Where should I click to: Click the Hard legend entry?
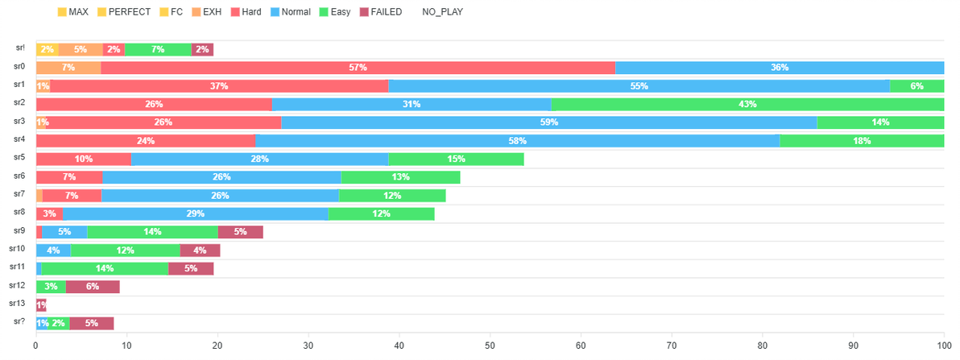245,11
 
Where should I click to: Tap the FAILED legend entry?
379,11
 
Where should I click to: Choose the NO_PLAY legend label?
443,11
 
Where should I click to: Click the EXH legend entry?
203,11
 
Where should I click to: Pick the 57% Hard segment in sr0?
358,68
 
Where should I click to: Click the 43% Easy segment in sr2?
747,104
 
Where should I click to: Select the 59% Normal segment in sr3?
549,122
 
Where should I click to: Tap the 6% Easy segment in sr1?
917,85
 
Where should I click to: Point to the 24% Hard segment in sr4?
146,141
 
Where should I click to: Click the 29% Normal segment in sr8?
196,213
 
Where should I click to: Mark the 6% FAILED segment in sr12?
93,287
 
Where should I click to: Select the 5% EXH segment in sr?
81,50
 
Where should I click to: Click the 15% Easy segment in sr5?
456,159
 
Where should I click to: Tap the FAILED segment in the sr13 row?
41,305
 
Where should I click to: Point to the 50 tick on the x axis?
490,346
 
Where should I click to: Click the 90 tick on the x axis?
853,346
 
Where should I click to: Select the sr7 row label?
20,194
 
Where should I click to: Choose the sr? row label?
20,322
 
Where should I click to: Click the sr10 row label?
17,249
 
